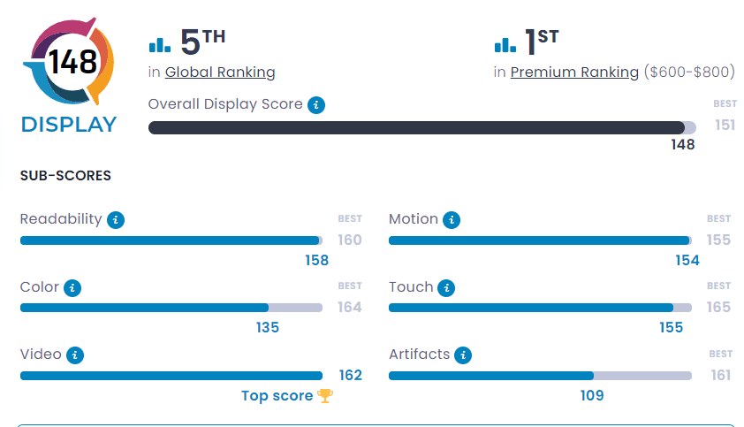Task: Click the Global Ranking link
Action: click(220, 72)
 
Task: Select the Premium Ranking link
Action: click(574, 72)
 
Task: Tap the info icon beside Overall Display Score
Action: click(316, 105)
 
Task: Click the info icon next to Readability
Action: click(116, 220)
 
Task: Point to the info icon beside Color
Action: click(73, 288)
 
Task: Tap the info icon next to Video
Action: click(76, 355)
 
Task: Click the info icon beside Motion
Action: click(452, 220)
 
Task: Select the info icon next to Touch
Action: click(447, 288)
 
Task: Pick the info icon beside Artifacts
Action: click(463, 355)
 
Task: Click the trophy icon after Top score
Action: click(325, 396)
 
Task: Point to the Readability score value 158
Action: click(316, 260)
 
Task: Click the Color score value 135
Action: click(267, 328)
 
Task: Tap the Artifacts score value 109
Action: click(592, 396)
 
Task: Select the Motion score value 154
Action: click(687, 260)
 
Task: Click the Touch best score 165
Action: click(718, 307)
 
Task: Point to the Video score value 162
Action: click(350, 375)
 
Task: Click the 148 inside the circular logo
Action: click(73, 62)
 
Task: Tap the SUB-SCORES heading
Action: click(65, 176)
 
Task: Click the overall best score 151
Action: click(725, 126)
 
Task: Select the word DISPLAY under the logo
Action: click(69, 125)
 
